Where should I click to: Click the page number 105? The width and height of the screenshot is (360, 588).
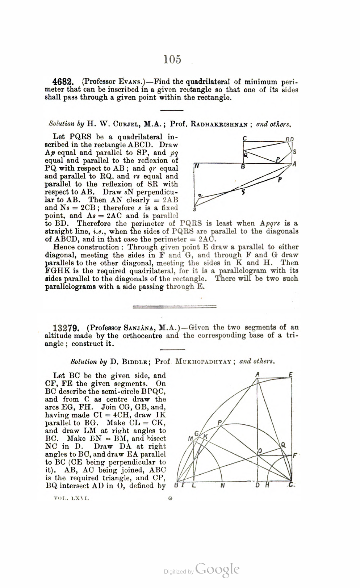[x=172, y=59]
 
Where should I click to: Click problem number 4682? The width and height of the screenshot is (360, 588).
[x=64, y=82]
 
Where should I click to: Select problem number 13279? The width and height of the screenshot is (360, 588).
[x=66, y=328]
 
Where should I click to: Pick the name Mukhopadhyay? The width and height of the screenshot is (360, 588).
[x=203, y=362]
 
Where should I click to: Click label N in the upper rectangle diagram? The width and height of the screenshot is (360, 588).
[x=197, y=167]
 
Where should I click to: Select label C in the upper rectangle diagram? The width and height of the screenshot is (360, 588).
[x=245, y=139]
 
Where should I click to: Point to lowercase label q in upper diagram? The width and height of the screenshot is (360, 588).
[x=244, y=192]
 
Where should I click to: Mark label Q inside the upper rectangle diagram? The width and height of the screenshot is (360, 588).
[x=246, y=155]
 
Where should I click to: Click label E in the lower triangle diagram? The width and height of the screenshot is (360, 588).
[x=290, y=375]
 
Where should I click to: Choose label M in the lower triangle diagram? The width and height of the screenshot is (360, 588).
[x=190, y=438]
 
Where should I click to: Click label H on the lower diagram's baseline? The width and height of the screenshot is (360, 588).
[x=267, y=486]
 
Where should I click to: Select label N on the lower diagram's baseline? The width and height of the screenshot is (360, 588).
[x=222, y=486]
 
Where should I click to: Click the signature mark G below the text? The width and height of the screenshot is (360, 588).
[x=170, y=499]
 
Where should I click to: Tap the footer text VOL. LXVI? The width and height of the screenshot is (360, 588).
[x=71, y=499]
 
